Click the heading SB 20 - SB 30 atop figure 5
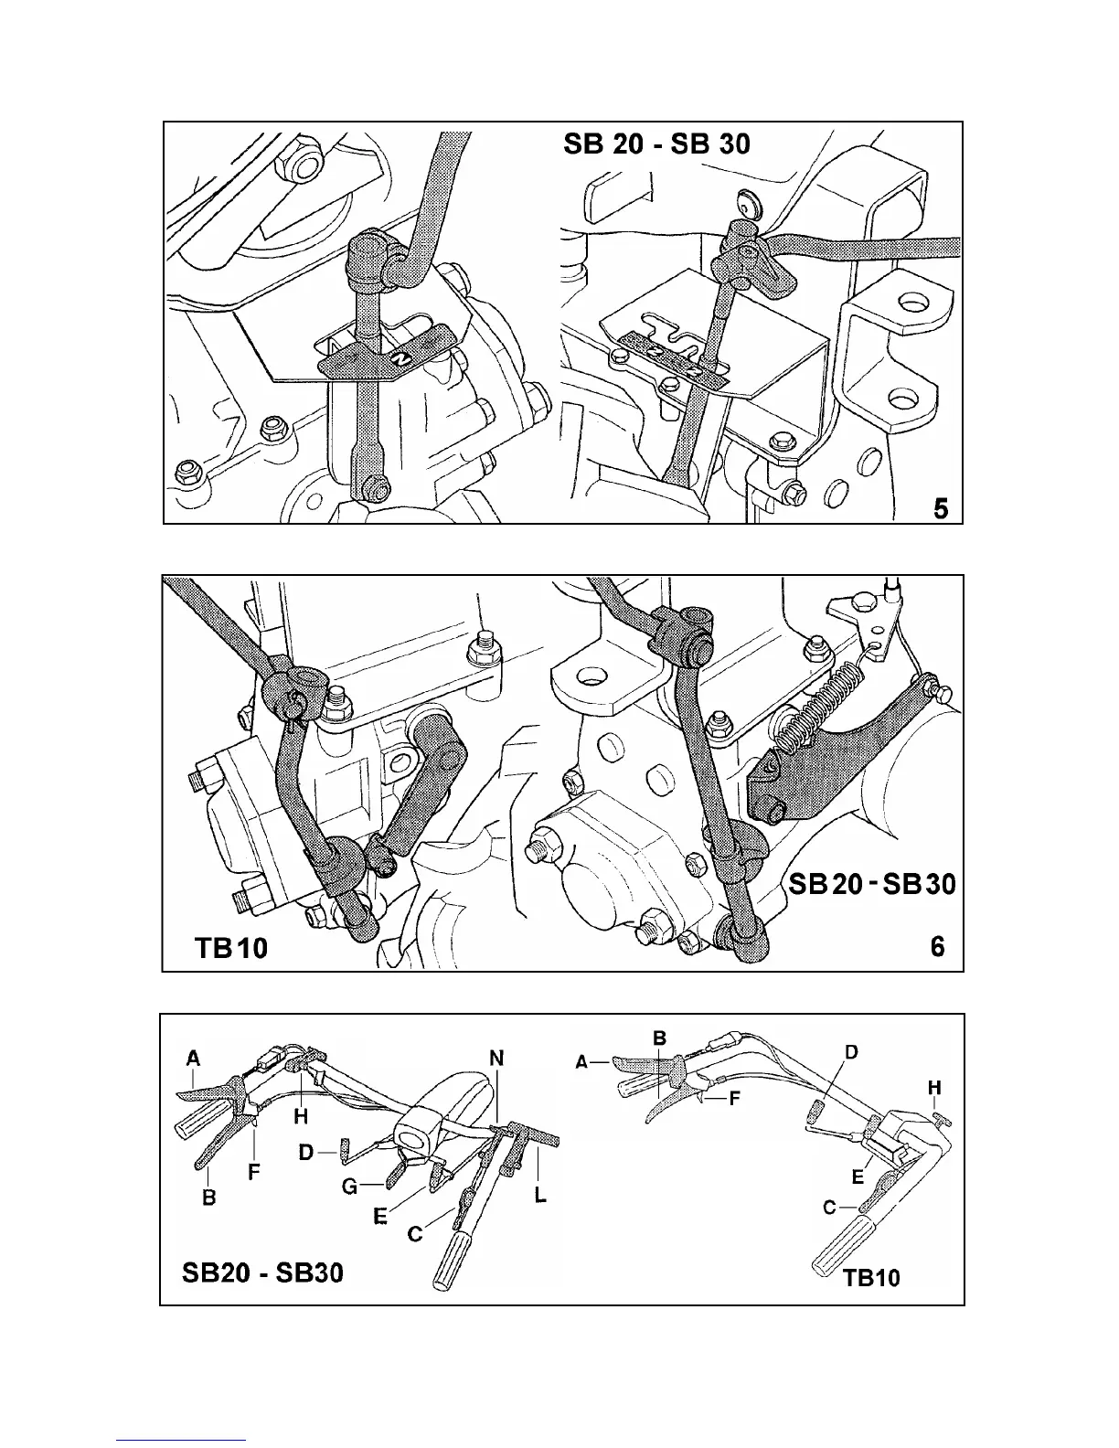pos(657,144)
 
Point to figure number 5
pos(941,508)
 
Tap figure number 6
pos(938,947)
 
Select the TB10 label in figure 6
pos(231,948)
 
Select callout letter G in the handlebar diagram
pos(348,1187)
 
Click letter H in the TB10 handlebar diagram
pos(934,1088)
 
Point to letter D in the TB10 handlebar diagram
pos(851,1052)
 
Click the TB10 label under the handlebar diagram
pos(871,1276)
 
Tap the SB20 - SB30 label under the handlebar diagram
pos(262,1272)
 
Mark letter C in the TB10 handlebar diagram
pos(829,1208)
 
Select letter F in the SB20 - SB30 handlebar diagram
pos(255,1169)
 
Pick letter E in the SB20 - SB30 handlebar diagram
pos(379,1217)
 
